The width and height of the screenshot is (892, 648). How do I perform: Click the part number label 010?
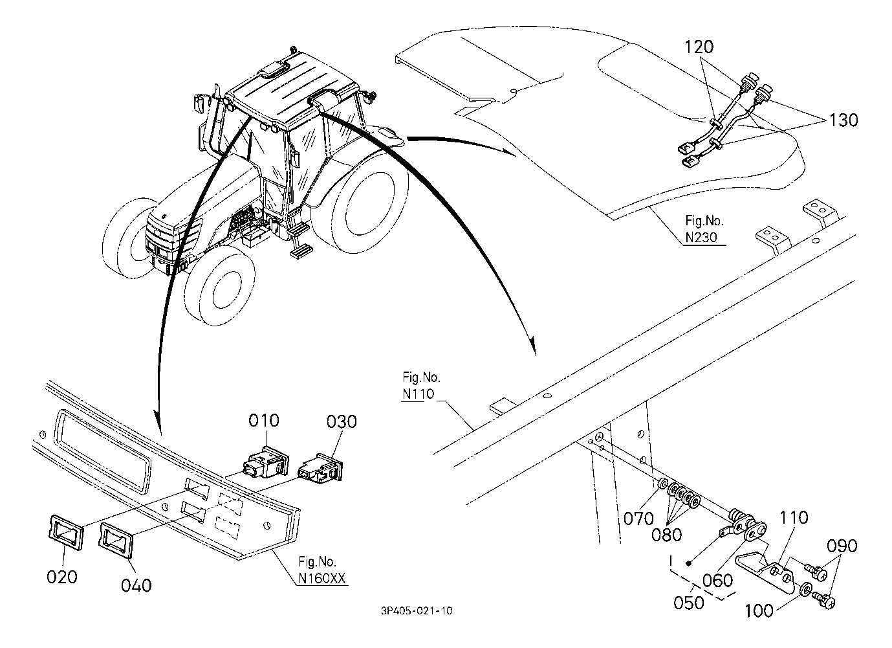(x=264, y=421)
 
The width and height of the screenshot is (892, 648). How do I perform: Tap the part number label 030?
(x=341, y=422)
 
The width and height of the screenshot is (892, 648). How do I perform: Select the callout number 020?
(x=62, y=576)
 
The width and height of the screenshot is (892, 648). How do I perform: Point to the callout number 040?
(x=136, y=585)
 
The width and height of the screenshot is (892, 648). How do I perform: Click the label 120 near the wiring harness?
(x=699, y=47)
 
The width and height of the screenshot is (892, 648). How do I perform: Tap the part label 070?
(x=638, y=519)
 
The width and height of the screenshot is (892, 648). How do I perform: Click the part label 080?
(x=668, y=535)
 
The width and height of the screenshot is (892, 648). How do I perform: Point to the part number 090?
(x=842, y=546)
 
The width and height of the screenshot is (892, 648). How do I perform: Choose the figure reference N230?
(x=701, y=238)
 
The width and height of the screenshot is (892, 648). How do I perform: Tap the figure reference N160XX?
(x=321, y=579)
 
